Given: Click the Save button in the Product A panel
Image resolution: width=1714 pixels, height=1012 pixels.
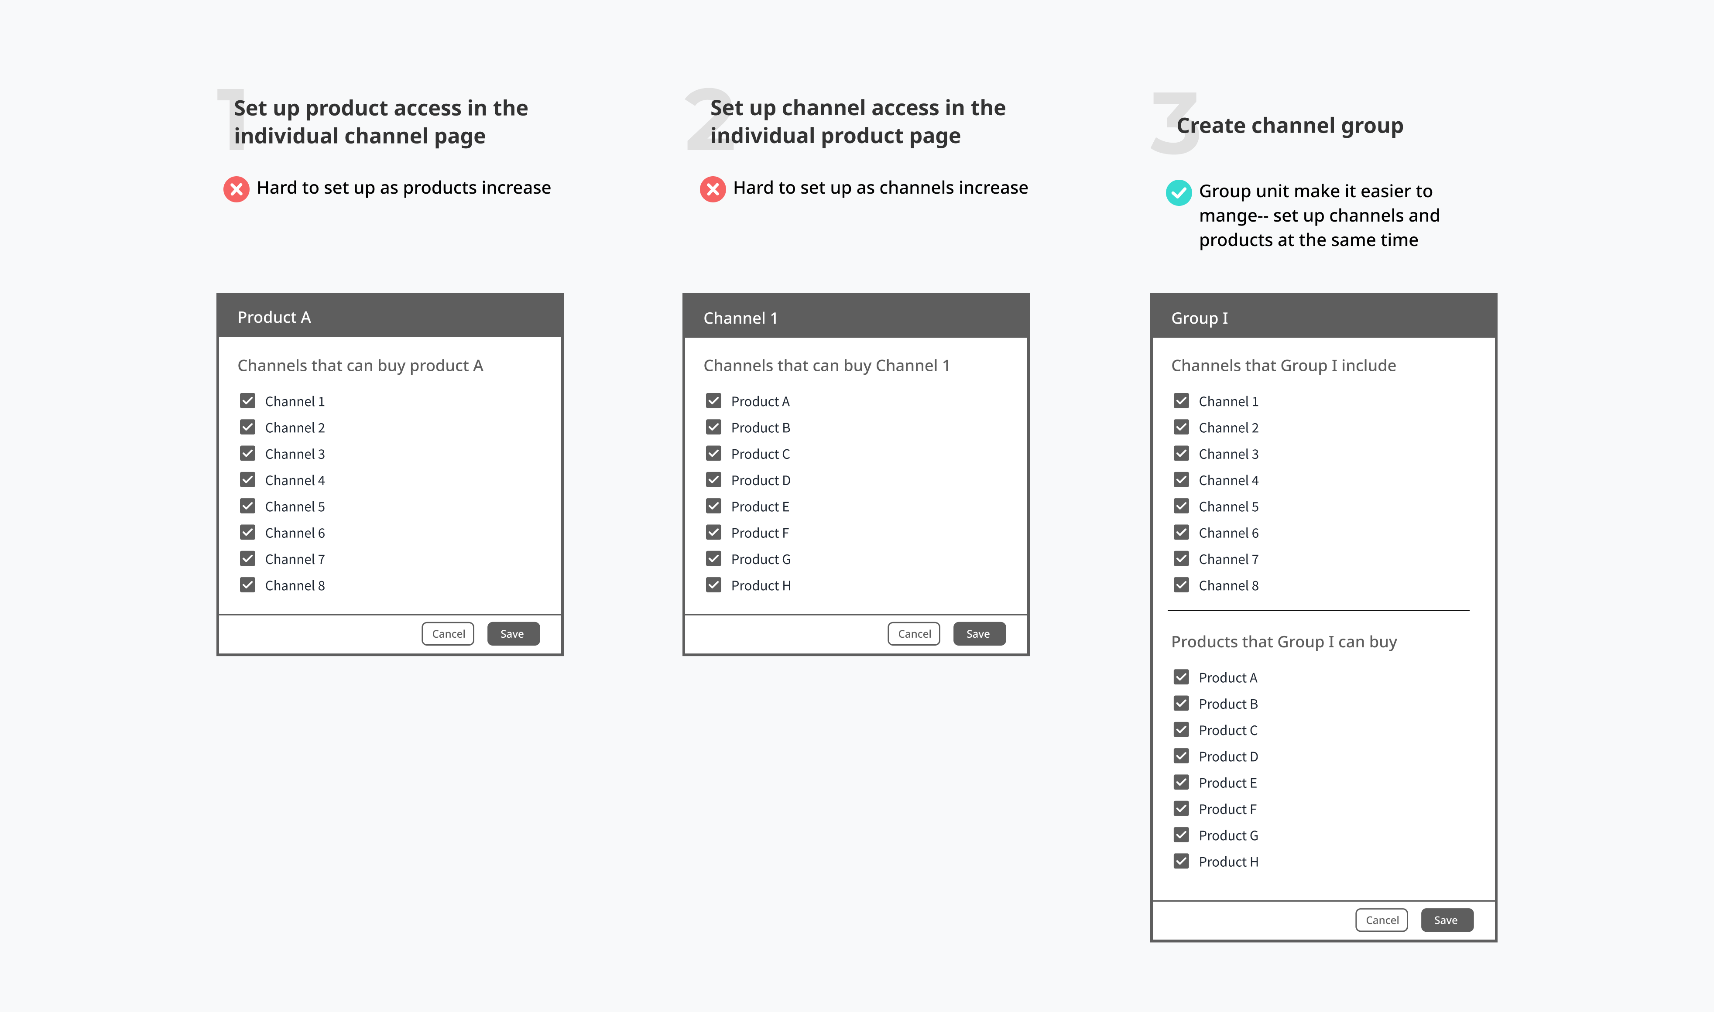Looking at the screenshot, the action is [513, 633].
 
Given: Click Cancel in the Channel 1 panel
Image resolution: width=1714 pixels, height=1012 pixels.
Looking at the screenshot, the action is [914, 633].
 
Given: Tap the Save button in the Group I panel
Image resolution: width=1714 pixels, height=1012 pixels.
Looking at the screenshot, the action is [1447, 920].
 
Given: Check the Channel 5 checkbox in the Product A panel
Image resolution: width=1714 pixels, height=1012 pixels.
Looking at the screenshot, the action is [247, 506].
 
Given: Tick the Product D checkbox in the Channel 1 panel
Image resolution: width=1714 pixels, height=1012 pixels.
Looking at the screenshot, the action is [713, 480].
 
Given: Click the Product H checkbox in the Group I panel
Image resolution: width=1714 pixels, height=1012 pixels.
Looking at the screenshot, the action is [1181, 862].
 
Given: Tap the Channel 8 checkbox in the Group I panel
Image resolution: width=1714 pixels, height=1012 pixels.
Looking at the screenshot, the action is [1181, 585].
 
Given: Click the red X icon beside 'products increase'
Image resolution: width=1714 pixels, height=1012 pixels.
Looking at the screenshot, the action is [237, 189].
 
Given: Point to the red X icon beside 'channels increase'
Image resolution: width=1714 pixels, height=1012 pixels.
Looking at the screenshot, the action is [713, 189].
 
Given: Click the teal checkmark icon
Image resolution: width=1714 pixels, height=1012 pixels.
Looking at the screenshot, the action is [1179, 192].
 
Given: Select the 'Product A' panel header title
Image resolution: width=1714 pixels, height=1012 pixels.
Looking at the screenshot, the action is [274, 317].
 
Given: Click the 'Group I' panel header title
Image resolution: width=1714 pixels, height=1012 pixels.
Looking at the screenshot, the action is [1199, 318].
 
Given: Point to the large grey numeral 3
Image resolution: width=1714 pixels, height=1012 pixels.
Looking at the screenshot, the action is [1175, 123].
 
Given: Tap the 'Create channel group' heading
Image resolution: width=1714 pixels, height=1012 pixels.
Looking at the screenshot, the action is [1290, 126].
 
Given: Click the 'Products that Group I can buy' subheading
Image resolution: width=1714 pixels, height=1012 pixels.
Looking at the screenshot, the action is [1284, 642].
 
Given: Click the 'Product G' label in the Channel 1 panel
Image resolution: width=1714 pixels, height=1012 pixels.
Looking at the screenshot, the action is [761, 559].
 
